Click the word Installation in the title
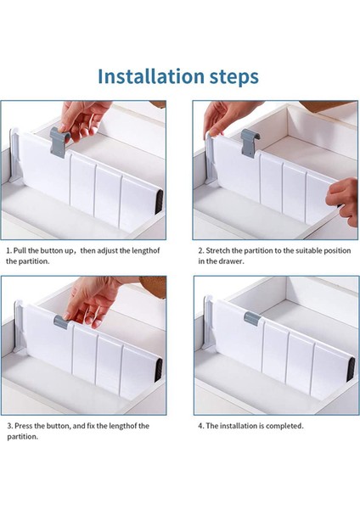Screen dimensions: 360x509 coord(151,76)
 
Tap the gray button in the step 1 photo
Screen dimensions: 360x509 coord(59,142)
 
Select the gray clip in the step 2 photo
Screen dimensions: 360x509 coord(250,143)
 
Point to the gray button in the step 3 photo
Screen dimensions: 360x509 coord(61,322)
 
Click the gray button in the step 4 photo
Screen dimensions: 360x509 coord(252,318)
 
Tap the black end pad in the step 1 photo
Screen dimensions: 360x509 coord(159,201)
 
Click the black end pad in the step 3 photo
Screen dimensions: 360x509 coord(159,370)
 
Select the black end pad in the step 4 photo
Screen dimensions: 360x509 coord(351,369)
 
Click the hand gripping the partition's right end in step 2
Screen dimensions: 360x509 coord(344,200)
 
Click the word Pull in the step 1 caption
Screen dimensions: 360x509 coord(20,250)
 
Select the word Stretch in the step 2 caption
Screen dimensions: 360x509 coord(218,250)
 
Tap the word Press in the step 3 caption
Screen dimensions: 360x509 coord(24,426)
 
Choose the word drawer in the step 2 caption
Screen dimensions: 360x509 coord(233,261)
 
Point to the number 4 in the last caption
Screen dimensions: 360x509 coord(200,426)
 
